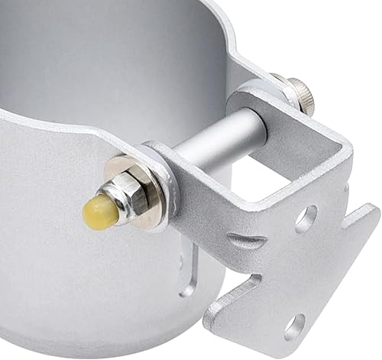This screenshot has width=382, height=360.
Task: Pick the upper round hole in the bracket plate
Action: click(306, 219)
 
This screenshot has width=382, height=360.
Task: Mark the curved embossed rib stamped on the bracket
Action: click(248, 242)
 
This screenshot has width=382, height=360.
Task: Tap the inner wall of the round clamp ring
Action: click(115, 61)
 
